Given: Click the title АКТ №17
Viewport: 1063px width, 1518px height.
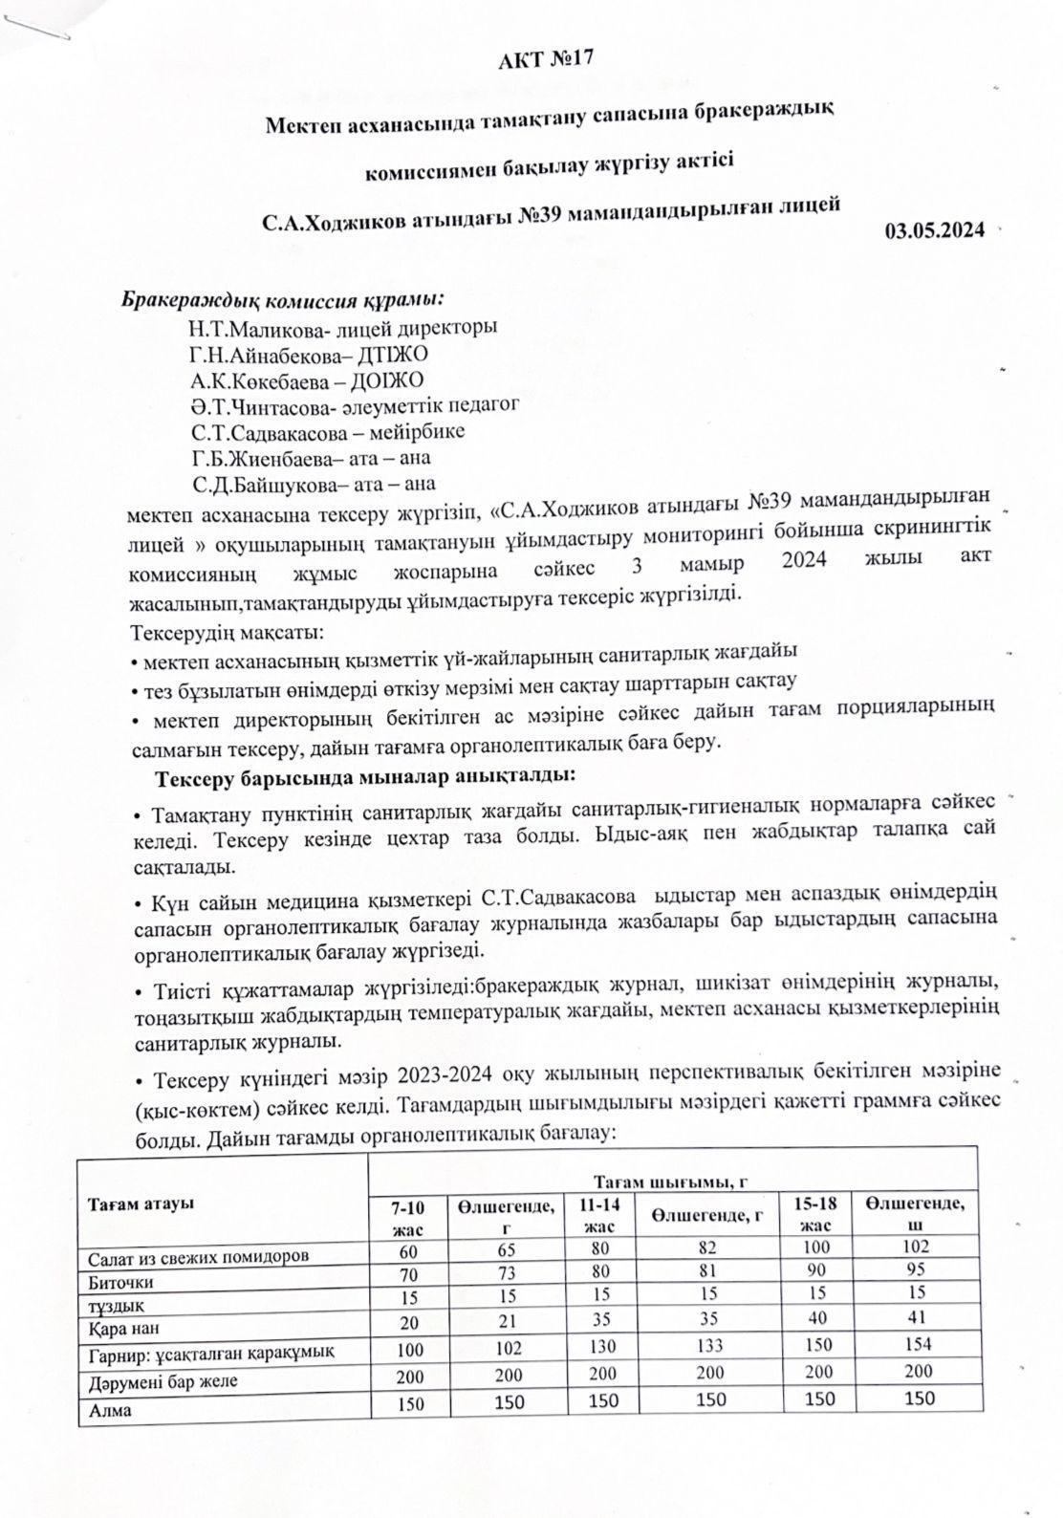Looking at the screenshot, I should pos(546,59).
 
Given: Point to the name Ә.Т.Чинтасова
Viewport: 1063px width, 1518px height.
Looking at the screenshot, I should pos(252,405).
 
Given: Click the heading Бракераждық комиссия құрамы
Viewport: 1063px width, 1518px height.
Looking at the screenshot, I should pos(283,298).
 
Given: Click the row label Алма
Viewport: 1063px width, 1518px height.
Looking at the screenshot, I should pos(110,1409).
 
